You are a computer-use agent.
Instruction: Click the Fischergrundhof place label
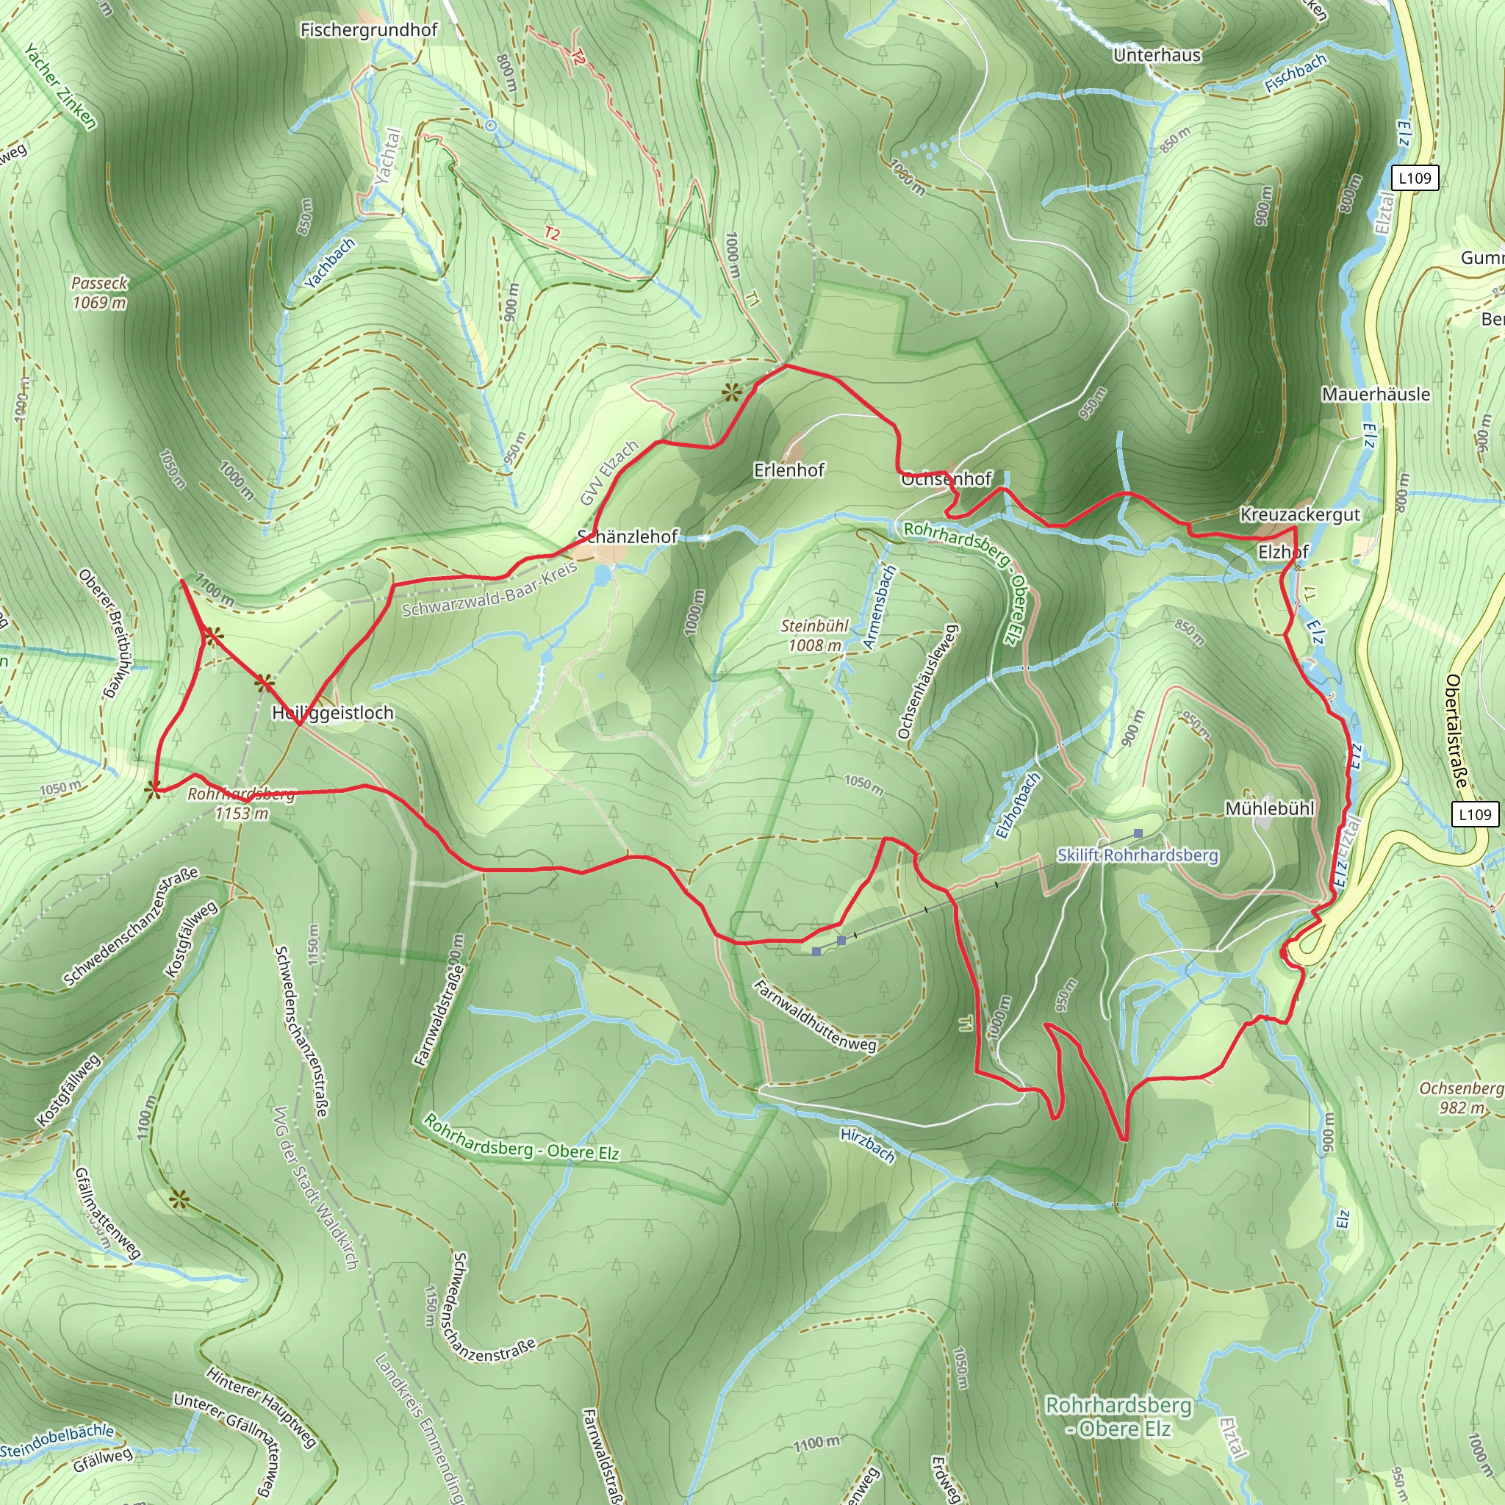click(368, 30)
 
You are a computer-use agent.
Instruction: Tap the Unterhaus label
click(1157, 55)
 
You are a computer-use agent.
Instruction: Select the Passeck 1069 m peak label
click(99, 292)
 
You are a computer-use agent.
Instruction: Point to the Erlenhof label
click(789, 470)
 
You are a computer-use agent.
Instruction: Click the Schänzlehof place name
click(627, 536)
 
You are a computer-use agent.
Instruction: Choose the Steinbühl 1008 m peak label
click(815, 635)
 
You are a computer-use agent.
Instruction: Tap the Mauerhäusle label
click(1376, 394)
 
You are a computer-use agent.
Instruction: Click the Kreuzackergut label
click(1300, 514)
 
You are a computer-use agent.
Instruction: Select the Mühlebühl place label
click(1270, 808)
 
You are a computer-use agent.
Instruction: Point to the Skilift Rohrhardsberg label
click(1138, 855)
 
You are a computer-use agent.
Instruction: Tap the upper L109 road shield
click(1415, 178)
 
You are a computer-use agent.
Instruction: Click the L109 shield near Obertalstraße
click(1475, 814)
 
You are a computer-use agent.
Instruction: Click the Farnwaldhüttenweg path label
click(816, 1016)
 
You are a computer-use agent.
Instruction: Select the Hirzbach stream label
click(868, 1146)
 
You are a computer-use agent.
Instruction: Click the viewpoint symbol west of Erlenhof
click(730, 392)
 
